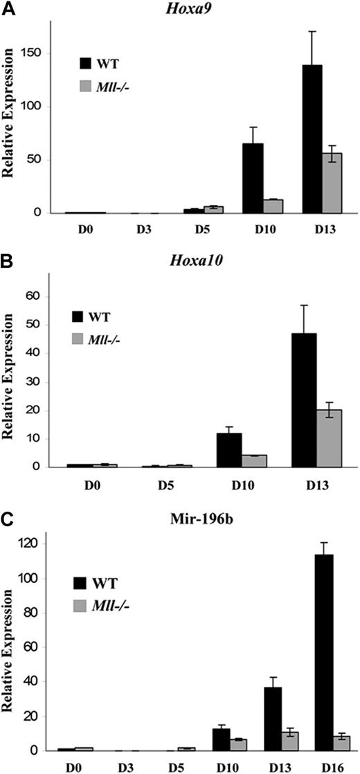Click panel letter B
tap(8, 264)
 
